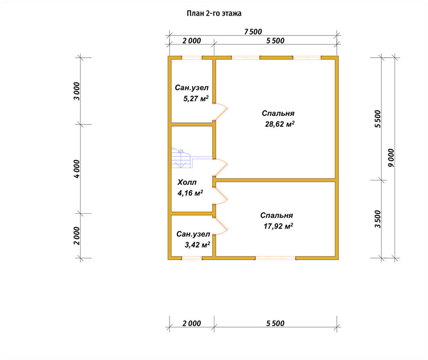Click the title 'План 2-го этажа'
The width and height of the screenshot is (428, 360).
214,13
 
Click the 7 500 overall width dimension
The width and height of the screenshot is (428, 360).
253,32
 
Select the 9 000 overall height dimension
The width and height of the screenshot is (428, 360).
391,158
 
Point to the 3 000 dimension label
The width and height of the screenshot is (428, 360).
77,91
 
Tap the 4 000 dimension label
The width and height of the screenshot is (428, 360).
77,169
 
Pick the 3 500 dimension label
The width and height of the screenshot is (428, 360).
377,219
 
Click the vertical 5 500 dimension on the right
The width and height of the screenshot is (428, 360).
377,119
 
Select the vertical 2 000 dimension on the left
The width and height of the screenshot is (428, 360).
77,236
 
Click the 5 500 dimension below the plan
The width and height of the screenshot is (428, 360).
275,324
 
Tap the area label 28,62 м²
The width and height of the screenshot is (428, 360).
280,124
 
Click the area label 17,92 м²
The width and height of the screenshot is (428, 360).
278,226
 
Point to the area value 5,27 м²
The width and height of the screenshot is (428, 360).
196,98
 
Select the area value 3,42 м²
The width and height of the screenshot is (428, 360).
197,245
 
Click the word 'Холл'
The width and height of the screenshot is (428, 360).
187,182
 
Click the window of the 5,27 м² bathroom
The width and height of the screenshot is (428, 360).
192,58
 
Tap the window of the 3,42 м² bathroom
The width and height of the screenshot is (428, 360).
192,258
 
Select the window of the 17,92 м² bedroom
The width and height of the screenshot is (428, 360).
276,258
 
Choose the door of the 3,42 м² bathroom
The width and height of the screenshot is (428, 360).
220,226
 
